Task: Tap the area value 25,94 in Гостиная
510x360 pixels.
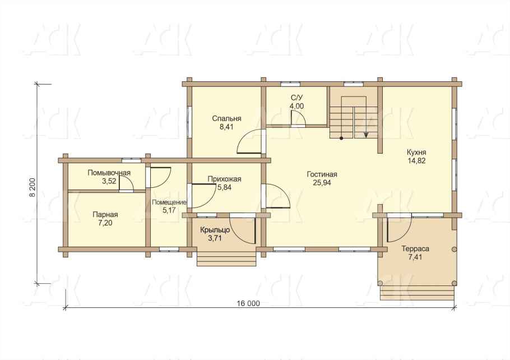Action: (x=322, y=183)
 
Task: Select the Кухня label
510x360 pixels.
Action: (x=416, y=153)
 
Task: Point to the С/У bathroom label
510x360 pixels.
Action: (x=296, y=98)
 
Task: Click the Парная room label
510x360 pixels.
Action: (x=105, y=215)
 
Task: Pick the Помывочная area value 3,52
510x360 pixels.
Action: (x=109, y=181)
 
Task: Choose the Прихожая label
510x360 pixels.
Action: (x=224, y=179)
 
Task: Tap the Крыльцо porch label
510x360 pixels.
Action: (x=215, y=230)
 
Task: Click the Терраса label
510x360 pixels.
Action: (x=415, y=249)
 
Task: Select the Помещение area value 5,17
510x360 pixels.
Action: (x=169, y=210)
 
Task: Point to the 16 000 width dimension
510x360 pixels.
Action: (x=248, y=304)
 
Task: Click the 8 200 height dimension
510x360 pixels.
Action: (x=32, y=187)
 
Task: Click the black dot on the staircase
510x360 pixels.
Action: (x=341, y=138)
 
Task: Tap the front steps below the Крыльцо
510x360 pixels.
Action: (x=226, y=260)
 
